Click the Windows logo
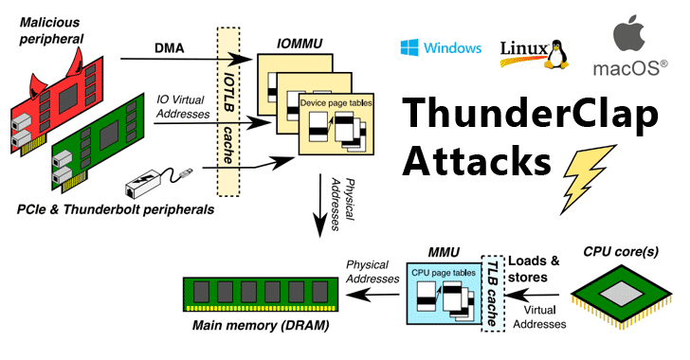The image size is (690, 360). click(x=409, y=47)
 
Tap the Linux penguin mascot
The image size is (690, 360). click(x=556, y=55)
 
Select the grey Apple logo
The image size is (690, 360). click(x=629, y=33)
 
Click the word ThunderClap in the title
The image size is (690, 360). click(x=530, y=115)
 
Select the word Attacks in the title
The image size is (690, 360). click(x=476, y=161)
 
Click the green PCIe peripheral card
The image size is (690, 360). click(x=98, y=142)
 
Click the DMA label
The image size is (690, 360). click(x=170, y=48)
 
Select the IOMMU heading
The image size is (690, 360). click(x=300, y=44)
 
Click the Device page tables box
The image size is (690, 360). click(x=336, y=124)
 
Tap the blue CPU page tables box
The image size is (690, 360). click(x=444, y=294)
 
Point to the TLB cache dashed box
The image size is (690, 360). click(x=493, y=294)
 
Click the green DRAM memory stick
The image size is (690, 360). click(x=261, y=294)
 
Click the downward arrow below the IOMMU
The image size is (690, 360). click(x=320, y=206)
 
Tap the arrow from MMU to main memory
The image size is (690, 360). click(x=373, y=295)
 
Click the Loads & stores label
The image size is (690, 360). click(x=534, y=269)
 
